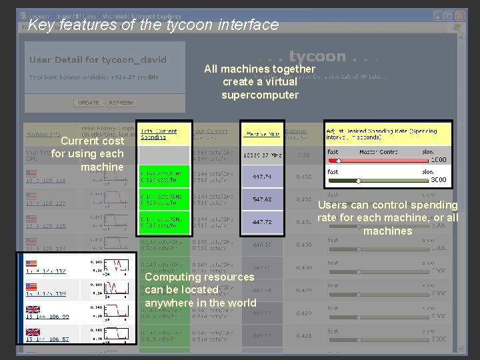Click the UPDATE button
click(x=89, y=103)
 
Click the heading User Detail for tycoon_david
click(x=98, y=59)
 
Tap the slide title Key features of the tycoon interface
click(x=153, y=25)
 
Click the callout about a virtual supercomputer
click(x=259, y=82)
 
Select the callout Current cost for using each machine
click(x=87, y=154)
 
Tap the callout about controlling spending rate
click(x=387, y=218)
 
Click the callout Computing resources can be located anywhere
click(x=200, y=290)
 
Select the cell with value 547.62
click(x=262, y=199)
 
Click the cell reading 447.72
click(x=262, y=222)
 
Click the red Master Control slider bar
click(x=386, y=161)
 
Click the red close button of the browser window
click(x=460, y=15)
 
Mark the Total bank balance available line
click(x=94, y=77)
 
